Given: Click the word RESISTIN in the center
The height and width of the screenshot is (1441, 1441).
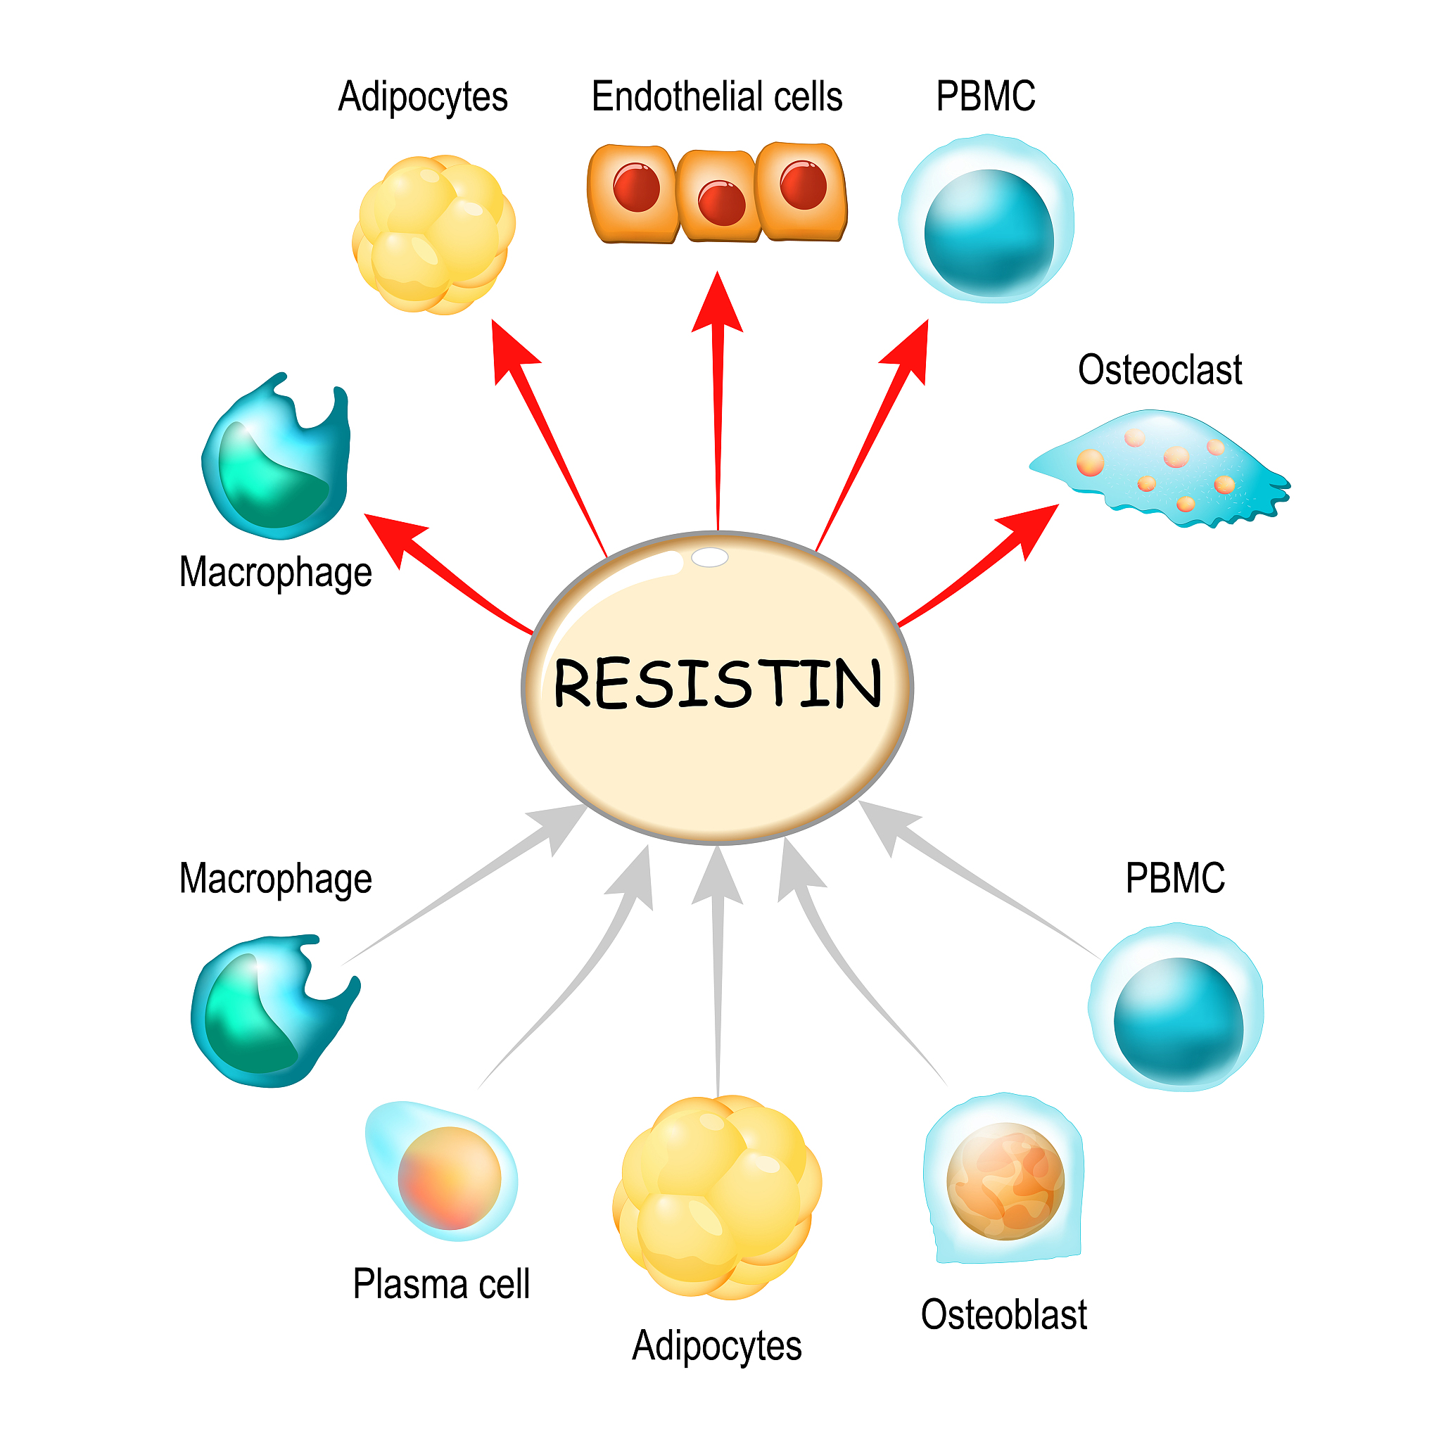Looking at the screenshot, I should pos(718,683).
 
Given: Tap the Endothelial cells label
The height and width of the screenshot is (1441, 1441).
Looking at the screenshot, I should pos(716,97).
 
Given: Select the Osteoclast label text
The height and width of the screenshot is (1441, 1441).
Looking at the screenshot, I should pos(1159,371).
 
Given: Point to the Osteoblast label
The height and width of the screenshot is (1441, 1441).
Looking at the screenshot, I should pos(1003,1315).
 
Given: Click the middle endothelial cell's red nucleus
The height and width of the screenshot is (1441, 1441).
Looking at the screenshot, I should pos(721,202).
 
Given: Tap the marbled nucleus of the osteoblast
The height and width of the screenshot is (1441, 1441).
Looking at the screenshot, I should pos(1005,1181).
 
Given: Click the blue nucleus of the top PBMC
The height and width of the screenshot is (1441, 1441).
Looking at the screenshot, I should pos(989,232).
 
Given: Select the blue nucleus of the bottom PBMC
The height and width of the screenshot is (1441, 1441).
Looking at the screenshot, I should pos(1178,1021).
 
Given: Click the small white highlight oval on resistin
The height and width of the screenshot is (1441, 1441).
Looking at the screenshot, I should pos(709,557).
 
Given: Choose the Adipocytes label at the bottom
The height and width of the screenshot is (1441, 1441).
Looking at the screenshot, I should pos(717,1346).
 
